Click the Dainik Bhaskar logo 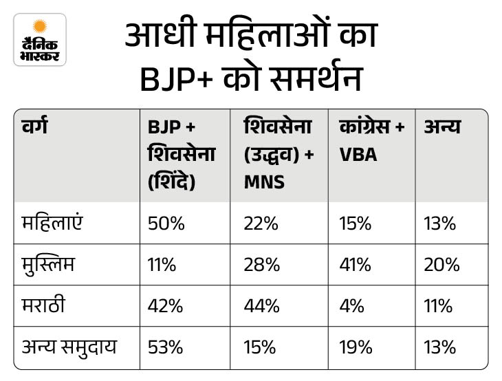tap(40, 39)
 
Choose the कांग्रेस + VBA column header tap(371, 140)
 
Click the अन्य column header tap(442, 127)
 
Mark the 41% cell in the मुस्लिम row tap(355, 264)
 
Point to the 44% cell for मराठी tap(260, 305)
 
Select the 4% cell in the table tap(351, 305)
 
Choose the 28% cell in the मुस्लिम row tap(260, 264)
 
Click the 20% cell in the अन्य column tap(440, 264)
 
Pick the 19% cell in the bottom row tap(355, 346)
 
